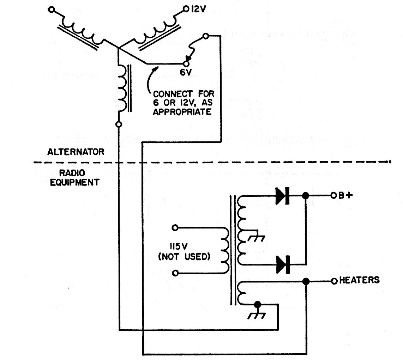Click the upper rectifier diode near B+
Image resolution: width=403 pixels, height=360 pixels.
tap(283, 196)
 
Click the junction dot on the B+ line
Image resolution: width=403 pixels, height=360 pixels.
tap(306, 196)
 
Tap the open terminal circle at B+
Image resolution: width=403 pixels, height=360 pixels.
tap(333, 196)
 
